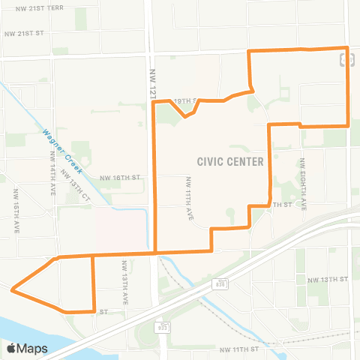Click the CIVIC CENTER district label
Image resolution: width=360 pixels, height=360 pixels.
tap(230, 161)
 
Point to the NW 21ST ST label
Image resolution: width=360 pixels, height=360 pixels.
tap(25, 34)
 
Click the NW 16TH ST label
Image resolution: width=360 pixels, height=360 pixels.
tap(120, 178)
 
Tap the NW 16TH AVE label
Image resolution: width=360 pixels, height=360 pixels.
tap(16, 211)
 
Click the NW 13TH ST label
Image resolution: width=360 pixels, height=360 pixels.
tap(328, 280)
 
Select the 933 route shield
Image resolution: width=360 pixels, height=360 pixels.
tap(162, 328)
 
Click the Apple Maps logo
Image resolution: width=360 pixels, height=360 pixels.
tap(26, 348)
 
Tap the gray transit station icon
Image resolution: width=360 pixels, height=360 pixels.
tap(346, 59)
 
